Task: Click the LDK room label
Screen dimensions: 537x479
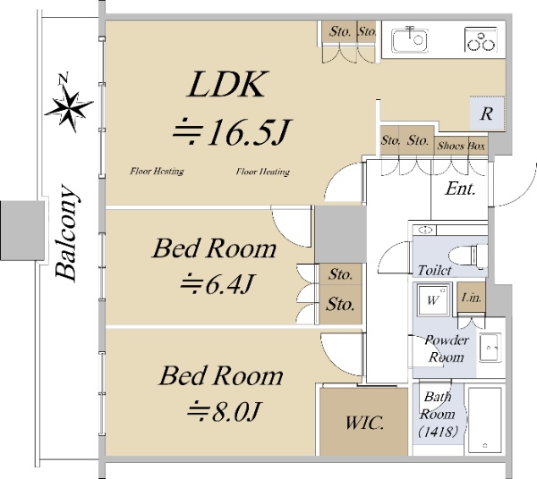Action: (x=227, y=84)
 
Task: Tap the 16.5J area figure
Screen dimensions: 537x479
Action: (x=232, y=132)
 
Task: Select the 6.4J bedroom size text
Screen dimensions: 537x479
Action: (x=217, y=284)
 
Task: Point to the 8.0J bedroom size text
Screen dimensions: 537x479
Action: (x=225, y=410)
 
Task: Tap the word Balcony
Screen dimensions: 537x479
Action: (x=66, y=233)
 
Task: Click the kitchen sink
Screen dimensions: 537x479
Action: (x=410, y=40)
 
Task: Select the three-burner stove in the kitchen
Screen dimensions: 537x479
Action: (x=482, y=39)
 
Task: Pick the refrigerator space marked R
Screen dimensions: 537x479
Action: (x=487, y=113)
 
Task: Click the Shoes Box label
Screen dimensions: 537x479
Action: (x=461, y=146)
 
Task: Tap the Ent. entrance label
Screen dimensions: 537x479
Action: (x=461, y=189)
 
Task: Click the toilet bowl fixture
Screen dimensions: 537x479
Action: (x=479, y=256)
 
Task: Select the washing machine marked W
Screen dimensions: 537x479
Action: (x=432, y=300)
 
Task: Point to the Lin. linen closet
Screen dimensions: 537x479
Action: (x=472, y=297)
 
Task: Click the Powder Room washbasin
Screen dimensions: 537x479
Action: (x=490, y=348)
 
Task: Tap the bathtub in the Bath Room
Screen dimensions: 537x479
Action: (x=484, y=420)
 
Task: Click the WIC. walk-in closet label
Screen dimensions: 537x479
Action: (x=364, y=423)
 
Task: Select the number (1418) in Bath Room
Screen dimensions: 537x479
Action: (x=438, y=432)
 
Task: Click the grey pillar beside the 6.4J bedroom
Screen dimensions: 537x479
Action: (x=340, y=234)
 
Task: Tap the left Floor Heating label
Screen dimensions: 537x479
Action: (x=157, y=171)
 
